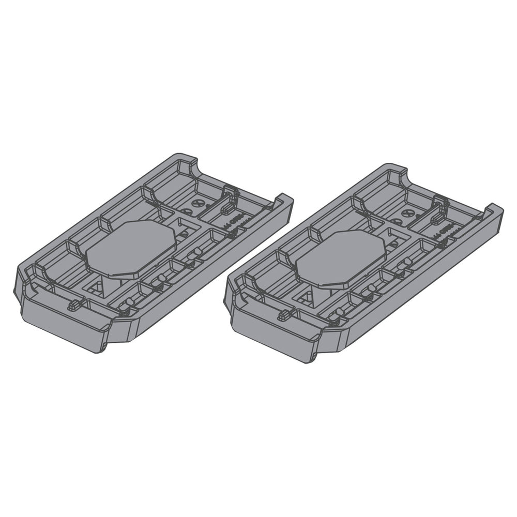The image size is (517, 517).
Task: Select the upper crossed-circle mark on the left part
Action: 195,203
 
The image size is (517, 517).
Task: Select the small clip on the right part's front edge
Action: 284,315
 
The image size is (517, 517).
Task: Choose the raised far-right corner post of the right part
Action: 494,211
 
